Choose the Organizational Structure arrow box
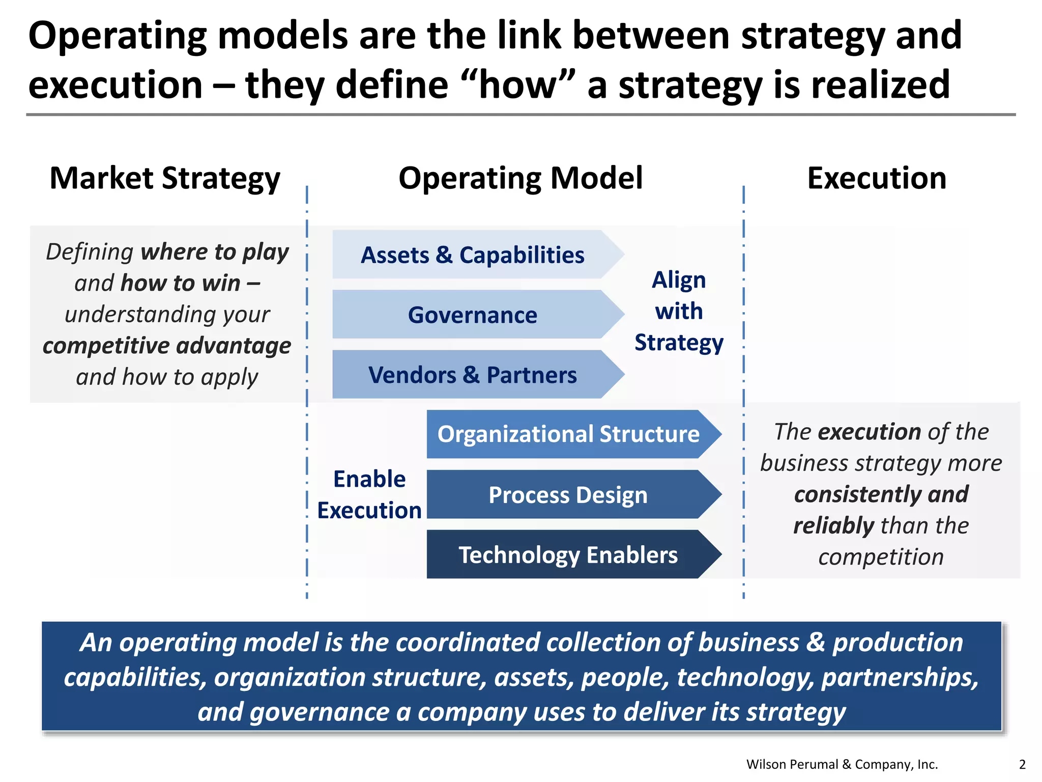[x=568, y=434]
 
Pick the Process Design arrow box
[x=568, y=495]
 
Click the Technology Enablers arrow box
[x=568, y=555]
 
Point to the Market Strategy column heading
[x=165, y=178]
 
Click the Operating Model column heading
[x=520, y=178]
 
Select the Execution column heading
[x=877, y=178]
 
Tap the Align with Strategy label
[x=679, y=311]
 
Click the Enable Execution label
[x=369, y=494]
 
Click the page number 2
[x=1022, y=764]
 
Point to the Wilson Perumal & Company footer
[x=842, y=764]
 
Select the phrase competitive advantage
[x=167, y=346]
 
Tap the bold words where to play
[x=215, y=252]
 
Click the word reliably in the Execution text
[x=833, y=525]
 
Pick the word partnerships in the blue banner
[x=900, y=677]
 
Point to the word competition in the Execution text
[x=881, y=557]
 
